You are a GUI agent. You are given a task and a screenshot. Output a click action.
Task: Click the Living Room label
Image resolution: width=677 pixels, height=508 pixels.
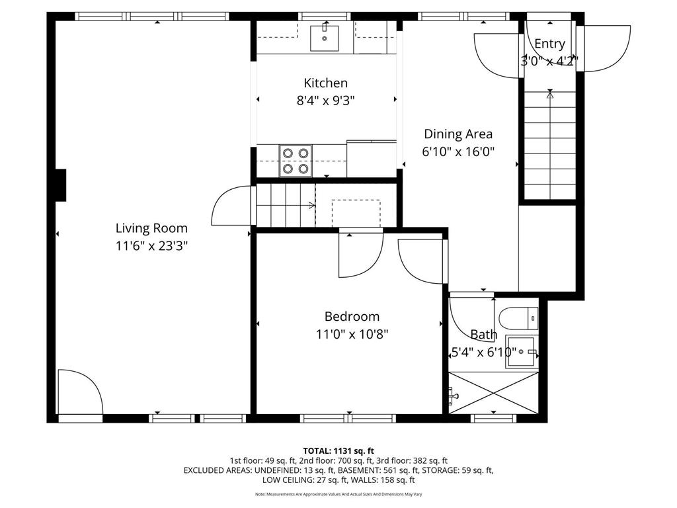(151, 228)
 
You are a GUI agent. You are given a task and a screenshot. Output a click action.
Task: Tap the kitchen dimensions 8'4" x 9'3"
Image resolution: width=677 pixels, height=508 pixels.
(325, 101)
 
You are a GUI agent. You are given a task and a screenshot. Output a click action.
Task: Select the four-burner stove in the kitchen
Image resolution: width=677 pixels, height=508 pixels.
(296, 161)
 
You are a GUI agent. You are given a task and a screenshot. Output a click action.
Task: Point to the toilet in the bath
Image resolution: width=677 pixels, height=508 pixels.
(520, 317)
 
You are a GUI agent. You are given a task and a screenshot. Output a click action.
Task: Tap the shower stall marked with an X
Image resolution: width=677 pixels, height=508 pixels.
(493, 394)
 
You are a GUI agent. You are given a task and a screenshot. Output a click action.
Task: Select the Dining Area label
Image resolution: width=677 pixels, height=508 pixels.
(458, 134)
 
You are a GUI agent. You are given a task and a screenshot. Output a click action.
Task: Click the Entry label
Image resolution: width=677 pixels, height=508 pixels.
(549, 44)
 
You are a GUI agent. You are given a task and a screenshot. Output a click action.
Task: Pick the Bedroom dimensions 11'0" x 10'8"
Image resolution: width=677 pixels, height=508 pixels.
(352, 334)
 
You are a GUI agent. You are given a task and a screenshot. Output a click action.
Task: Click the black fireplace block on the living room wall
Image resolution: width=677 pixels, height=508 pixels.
(60, 185)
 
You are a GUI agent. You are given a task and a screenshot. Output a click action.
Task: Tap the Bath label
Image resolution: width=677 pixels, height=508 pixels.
(483, 335)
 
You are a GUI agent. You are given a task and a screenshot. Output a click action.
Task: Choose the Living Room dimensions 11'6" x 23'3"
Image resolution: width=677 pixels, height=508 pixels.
(151, 245)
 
